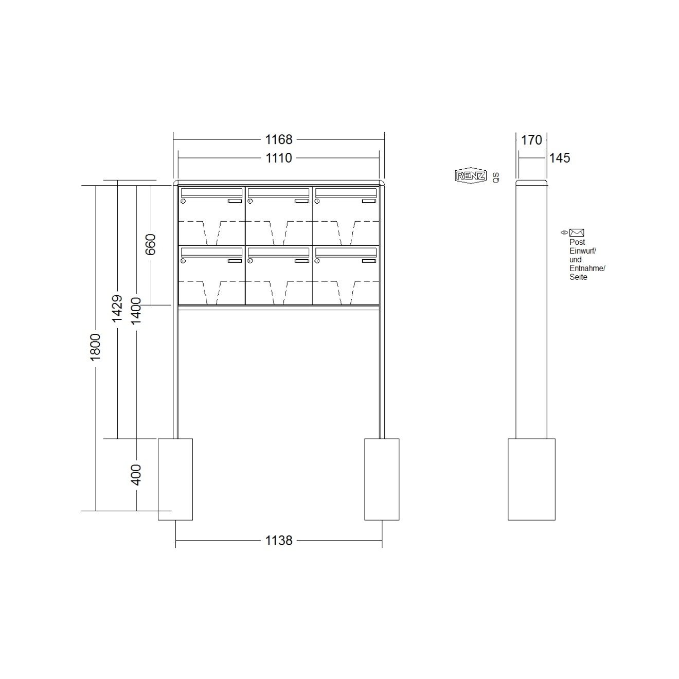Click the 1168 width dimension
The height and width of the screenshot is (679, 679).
click(x=278, y=139)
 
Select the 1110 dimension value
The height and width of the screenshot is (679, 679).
click(x=278, y=158)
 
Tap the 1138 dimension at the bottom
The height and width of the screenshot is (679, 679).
click(x=278, y=540)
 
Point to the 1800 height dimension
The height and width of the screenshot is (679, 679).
click(x=95, y=347)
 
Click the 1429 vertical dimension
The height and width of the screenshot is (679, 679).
click(x=117, y=309)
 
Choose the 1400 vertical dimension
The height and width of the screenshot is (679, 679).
click(x=136, y=311)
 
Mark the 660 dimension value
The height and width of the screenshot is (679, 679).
click(x=150, y=244)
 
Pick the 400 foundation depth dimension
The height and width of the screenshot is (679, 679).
click(x=136, y=474)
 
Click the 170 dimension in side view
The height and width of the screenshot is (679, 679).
click(x=531, y=140)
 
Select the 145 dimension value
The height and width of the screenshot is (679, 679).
click(x=559, y=158)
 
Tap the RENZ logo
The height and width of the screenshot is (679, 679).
click(x=470, y=176)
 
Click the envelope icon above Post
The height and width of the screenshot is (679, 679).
click(x=577, y=233)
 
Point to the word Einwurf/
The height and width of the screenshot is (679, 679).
click(x=582, y=251)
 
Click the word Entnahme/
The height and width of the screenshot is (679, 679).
click(x=587, y=269)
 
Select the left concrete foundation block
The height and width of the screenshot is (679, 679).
click(x=175, y=479)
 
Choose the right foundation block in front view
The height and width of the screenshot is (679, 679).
click(x=382, y=479)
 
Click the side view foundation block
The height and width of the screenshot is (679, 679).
click(x=531, y=479)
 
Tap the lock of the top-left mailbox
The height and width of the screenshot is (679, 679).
click(x=183, y=202)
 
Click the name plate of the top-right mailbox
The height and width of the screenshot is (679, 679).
click(x=369, y=201)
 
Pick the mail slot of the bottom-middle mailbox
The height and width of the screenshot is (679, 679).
click(x=278, y=252)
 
